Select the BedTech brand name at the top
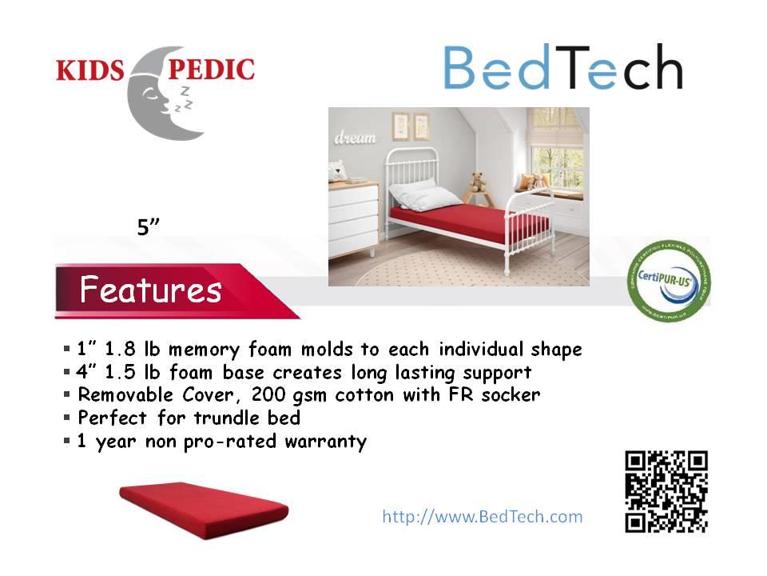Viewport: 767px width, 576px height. tap(562, 68)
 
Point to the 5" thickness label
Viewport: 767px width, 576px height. tap(149, 227)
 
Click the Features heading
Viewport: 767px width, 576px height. tap(150, 290)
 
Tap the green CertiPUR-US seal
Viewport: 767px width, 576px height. tap(669, 280)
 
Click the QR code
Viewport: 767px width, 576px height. tap(666, 491)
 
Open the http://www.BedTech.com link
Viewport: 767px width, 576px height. tap(483, 516)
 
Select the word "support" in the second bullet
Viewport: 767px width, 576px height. tap(501, 373)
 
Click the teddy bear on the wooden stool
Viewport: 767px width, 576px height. tap(479, 182)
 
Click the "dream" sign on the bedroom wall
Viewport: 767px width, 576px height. tap(355, 138)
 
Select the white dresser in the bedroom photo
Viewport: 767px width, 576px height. tap(352, 215)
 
